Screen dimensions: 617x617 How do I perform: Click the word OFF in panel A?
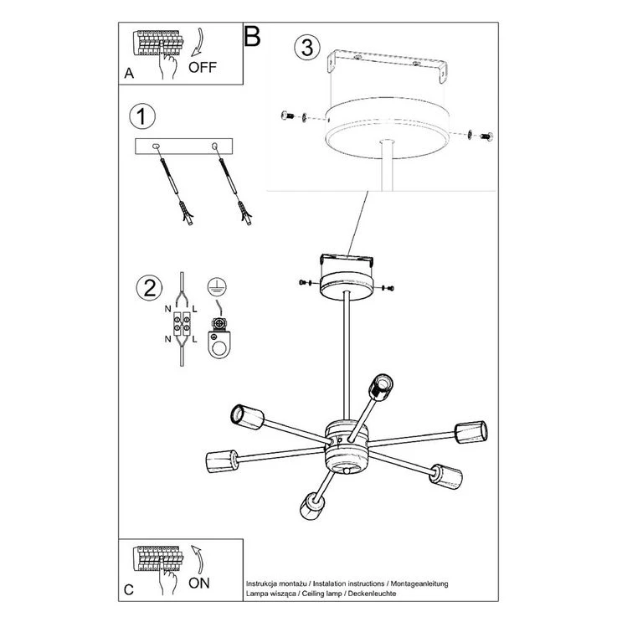[x=203, y=67]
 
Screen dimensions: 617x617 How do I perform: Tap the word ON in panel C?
[x=199, y=583]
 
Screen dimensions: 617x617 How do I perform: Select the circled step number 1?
[x=142, y=116]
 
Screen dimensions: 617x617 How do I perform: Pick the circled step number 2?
[x=149, y=288]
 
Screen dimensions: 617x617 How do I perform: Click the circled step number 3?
[x=307, y=47]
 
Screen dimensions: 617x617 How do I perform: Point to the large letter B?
[x=252, y=36]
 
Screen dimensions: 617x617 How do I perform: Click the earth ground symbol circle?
[x=217, y=286]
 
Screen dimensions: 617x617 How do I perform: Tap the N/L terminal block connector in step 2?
[x=182, y=323]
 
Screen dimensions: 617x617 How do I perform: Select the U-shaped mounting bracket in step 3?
[x=388, y=64]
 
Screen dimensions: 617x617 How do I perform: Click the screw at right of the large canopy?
[x=486, y=136]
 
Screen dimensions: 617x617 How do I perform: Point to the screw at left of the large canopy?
[x=288, y=116]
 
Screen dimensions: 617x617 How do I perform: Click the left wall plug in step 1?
[x=186, y=213]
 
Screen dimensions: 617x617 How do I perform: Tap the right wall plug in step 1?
[x=244, y=213]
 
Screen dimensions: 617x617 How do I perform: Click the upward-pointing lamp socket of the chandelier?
[x=381, y=388]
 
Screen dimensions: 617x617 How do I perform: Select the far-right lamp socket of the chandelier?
[x=471, y=432]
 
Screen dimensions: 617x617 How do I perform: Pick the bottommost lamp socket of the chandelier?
[x=313, y=506]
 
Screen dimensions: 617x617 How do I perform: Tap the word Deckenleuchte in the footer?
[x=372, y=593]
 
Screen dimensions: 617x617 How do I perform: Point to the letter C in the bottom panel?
[x=129, y=590]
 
